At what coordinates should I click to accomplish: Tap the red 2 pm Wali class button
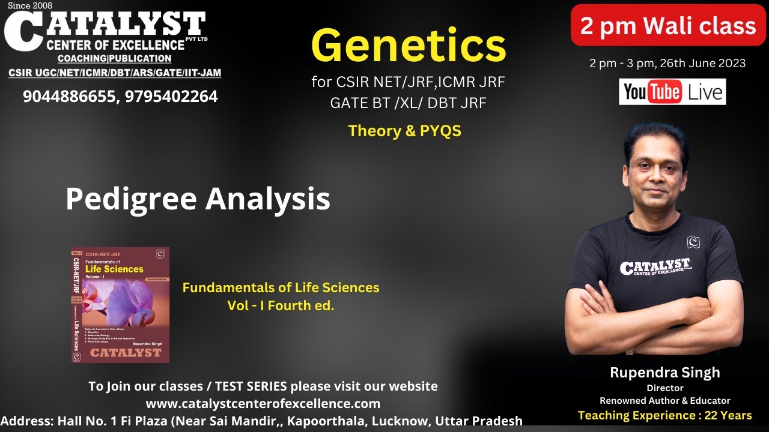668,26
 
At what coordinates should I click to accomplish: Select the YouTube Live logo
672,92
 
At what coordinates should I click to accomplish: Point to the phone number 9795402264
171,96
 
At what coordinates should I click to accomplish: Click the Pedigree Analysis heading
198,198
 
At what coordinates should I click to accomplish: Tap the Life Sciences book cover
120,305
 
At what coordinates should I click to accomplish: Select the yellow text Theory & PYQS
405,131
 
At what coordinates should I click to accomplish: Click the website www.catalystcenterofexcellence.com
263,403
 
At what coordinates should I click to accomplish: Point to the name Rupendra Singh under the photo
664,373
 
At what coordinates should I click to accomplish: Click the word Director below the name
664,388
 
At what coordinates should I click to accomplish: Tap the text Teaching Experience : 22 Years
664,415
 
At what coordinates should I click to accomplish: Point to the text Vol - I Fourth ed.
281,305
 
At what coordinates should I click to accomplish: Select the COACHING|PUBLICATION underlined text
114,59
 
